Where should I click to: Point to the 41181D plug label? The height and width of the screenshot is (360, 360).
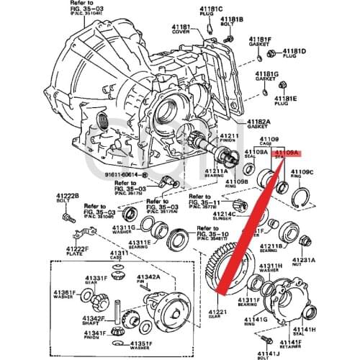click(x=294, y=51)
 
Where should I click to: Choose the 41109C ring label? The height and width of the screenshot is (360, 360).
click(x=301, y=172)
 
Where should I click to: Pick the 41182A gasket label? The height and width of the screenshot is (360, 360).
click(x=258, y=122)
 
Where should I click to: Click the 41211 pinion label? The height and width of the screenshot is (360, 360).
click(x=229, y=136)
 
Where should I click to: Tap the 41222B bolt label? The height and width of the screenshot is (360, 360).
click(x=66, y=196)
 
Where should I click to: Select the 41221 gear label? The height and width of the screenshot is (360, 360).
click(x=218, y=311)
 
